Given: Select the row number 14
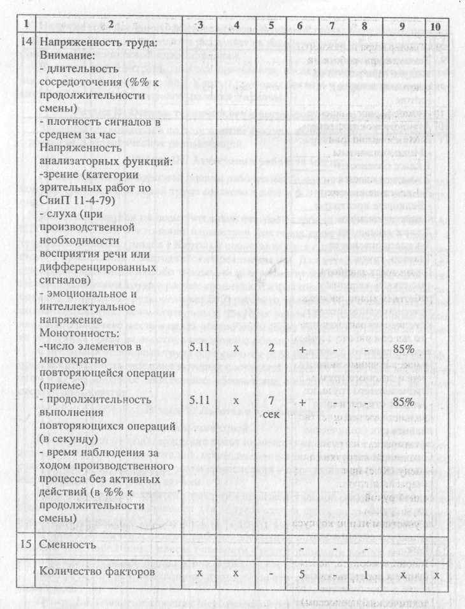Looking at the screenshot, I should click(x=24, y=43).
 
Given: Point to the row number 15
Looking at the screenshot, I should click(x=24, y=545).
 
